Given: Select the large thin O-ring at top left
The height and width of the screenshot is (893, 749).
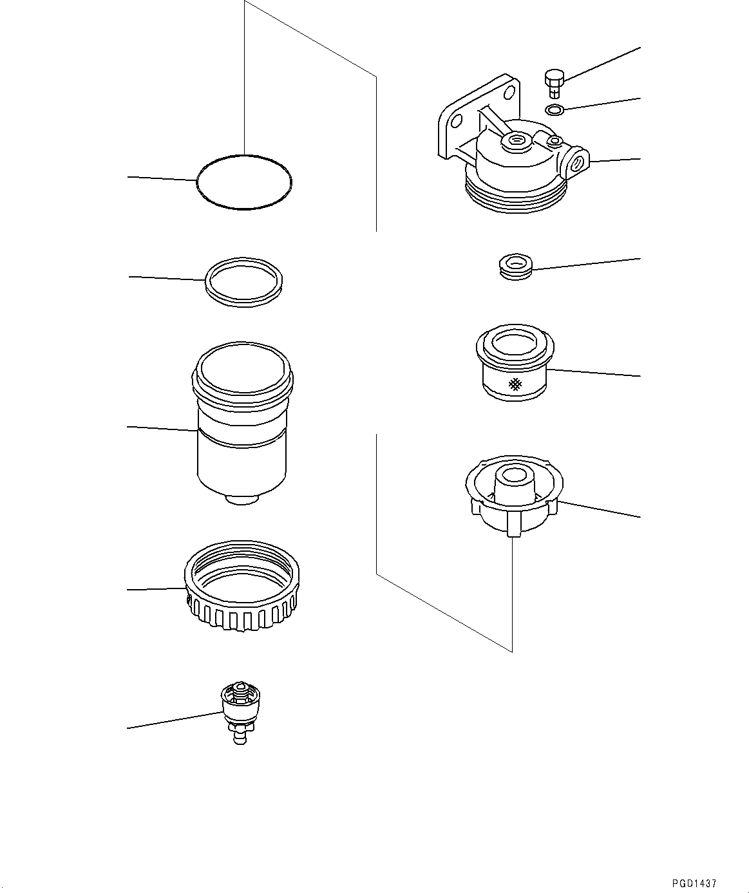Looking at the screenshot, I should pyautogui.click(x=243, y=182).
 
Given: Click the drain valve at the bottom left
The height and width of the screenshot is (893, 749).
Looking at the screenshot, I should pyautogui.click(x=240, y=711).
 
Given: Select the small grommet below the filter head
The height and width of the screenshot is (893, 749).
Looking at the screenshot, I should pyautogui.click(x=515, y=267).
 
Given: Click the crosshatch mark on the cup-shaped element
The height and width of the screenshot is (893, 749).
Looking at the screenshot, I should pyautogui.click(x=515, y=385).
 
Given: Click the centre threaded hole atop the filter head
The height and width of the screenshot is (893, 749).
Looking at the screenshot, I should pyautogui.click(x=516, y=140).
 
